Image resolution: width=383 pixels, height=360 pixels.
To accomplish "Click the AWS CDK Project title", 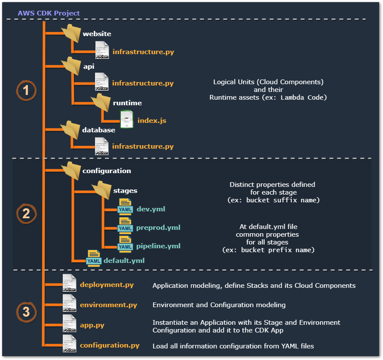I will [x=49, y=13].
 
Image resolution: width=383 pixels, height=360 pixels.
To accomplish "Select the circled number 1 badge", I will [x=26, y=90].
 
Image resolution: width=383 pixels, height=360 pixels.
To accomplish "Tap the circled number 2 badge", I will [x=26, y=214].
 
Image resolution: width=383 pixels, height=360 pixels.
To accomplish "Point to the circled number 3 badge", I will [x=26, y=312].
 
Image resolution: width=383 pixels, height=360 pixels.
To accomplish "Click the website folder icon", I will [x=70, y=33].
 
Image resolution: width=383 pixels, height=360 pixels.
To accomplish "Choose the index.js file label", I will [x=152, y=121].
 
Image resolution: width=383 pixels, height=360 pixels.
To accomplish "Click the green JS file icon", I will [x=126, y=120].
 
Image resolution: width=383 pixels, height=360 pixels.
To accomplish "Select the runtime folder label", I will [x=127, y=103].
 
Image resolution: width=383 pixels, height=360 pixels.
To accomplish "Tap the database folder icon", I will [x=70, y=129].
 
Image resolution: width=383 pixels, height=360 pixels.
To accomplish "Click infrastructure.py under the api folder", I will [x=143, y=83].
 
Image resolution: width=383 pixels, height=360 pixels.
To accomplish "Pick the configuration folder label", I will [x=107, y=171].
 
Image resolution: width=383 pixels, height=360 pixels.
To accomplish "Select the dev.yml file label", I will [x=151, y=209].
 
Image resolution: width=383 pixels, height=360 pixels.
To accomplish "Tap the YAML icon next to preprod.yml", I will [x=125, y=226].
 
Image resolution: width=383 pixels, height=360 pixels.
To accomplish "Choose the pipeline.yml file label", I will [x=158, y=246].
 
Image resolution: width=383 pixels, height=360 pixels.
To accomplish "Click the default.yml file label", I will [x=124, y=260].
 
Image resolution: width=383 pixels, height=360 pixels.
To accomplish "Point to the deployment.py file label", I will [x=107, y=285].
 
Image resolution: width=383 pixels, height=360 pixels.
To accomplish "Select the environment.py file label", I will [x=108, y=305].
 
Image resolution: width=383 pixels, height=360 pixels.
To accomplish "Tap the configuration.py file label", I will [x=110, y=345].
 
